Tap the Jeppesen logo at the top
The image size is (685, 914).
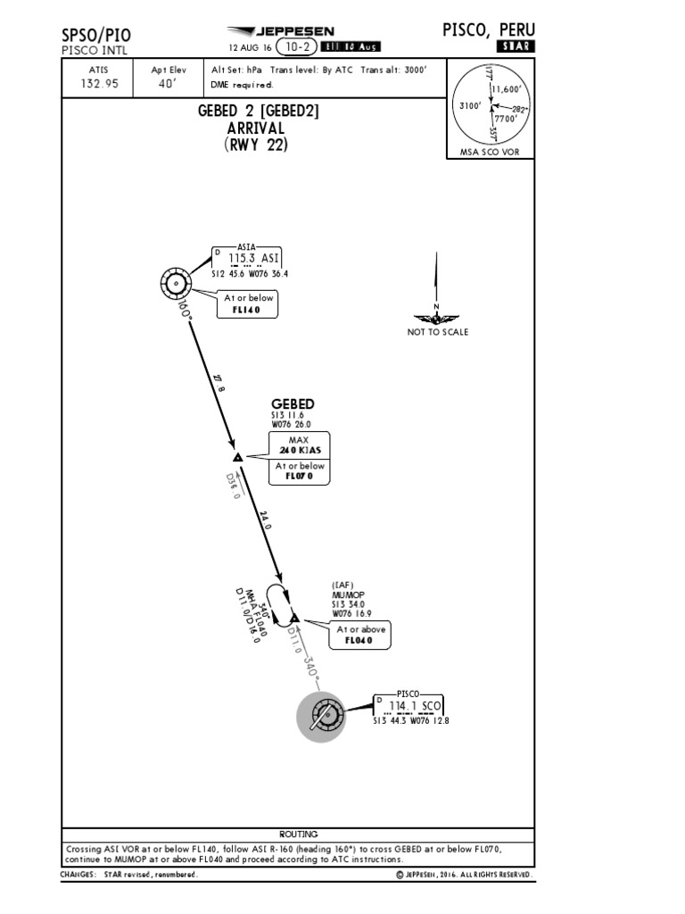279,30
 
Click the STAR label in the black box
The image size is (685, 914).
516,46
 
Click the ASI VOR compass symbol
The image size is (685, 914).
177,285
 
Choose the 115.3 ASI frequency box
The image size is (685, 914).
252,259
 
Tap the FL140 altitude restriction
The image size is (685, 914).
247,310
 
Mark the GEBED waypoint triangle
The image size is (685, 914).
237,457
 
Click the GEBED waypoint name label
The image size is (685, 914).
293,404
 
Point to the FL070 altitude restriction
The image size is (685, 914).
299,476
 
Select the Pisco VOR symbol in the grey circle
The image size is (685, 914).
321,717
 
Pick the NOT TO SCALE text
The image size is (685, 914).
437,332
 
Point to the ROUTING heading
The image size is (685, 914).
298,834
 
